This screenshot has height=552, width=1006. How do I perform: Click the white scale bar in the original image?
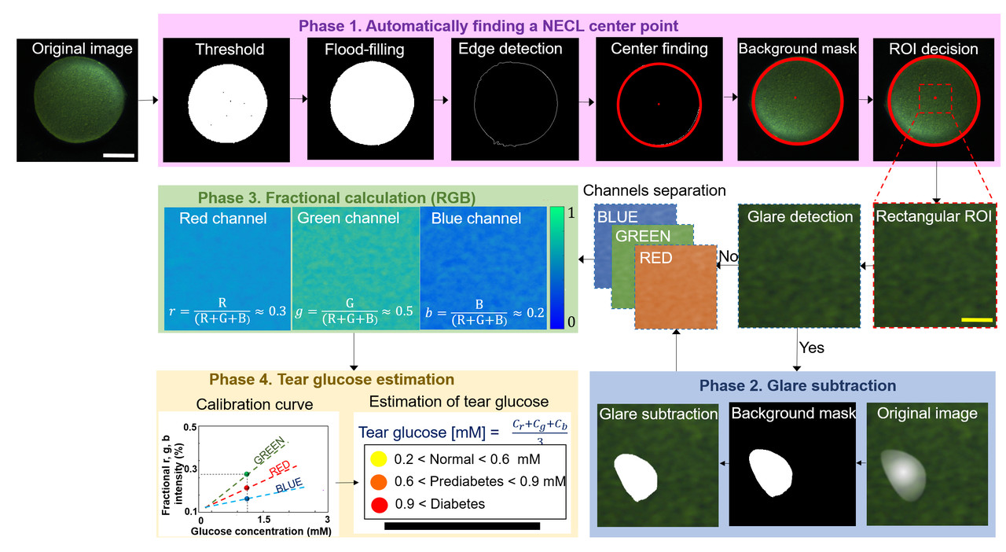tap(119, 155)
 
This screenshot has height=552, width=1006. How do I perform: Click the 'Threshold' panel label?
tap(229, 50)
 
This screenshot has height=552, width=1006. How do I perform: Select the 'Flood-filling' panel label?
tap(365, 50)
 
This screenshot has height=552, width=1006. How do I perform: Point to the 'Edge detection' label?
tap(511, 49)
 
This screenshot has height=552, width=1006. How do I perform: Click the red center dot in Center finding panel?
tap(659, 104)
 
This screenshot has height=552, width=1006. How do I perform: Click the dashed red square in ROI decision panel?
tap(935, 98)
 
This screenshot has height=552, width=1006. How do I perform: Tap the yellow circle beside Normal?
tap(377, 458)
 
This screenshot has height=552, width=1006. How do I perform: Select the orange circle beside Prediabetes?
tap(377, 481)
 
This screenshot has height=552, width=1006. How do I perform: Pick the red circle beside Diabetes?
tap(377, 504)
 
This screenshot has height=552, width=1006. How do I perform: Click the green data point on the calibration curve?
tap(247, 473)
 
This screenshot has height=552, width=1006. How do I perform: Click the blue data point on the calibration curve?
tap(247, 499)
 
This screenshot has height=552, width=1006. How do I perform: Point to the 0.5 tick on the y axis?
tap(189, 426)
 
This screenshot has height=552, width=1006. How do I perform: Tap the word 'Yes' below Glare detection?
tap(811, 348)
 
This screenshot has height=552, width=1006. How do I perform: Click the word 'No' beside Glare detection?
tap(728, 256)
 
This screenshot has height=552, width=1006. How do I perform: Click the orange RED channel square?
tap(674, 287)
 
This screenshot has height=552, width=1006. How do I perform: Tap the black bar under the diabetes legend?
tap(462, 525)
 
